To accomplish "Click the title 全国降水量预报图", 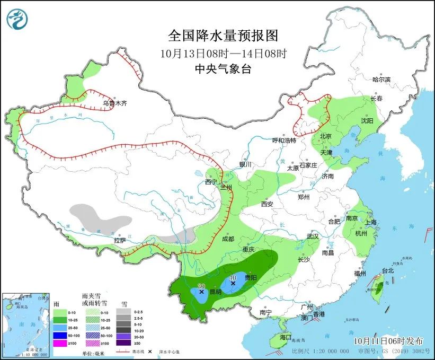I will (223, 36).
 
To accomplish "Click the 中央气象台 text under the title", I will (223, 68).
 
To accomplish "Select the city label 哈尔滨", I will (381, 80).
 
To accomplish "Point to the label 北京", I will (325, 136).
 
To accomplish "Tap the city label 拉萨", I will (120, 240).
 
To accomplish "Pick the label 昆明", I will (215, 292).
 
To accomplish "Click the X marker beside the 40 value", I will (233, 284).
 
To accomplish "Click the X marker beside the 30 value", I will (201, 292).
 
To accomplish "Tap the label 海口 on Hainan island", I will (286, 337).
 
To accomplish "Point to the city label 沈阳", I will (367, 121).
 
